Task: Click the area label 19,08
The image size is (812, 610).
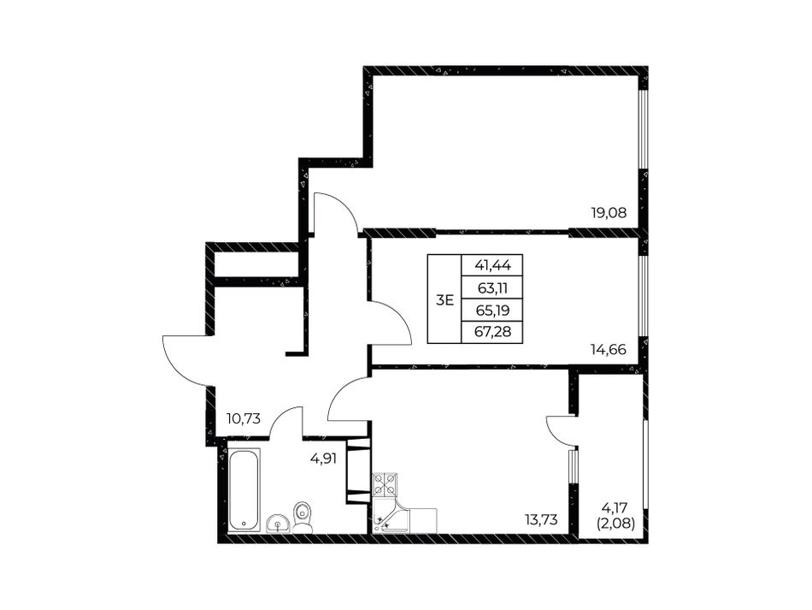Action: [x=609, y=212]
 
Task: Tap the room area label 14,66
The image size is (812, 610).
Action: [x=609, y=350]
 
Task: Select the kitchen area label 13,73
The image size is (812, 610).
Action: [x=540, y=520]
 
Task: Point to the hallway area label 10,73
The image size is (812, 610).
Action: [x=243, y=418]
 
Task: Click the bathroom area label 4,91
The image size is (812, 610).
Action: [x=324, y=459]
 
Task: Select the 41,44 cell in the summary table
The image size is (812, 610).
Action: [x=492, y=266]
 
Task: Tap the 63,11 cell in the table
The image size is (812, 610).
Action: [x=492, y=288]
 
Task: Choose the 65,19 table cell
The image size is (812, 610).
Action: [x=492, y=311]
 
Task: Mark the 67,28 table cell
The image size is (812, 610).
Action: [x=492, y=332]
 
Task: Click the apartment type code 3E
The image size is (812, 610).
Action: [x=444, y=299]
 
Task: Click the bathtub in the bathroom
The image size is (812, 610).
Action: [x=244, y=489]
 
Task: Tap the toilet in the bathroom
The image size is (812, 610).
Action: [x=302, y=518]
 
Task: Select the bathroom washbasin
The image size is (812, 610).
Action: [x=279, y=524]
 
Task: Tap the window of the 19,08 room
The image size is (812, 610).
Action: [x=643, y=129]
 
